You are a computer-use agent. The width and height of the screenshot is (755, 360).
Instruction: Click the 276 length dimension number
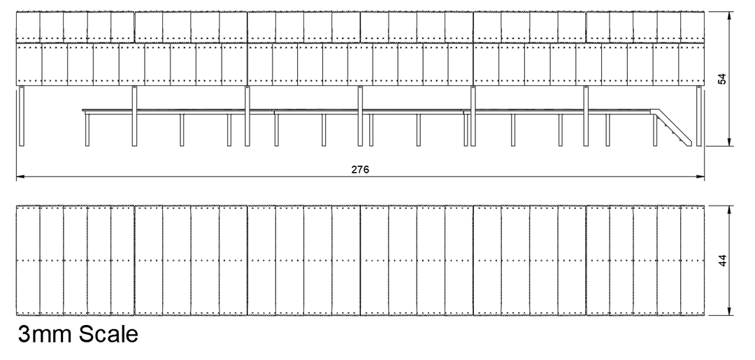pyautogui.click(x=360, y=169)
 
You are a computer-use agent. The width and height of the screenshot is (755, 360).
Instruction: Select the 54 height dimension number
pyautogui.click(x=722, y=79)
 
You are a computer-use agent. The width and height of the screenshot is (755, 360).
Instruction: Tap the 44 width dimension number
pyautogui.click(x=722, y=260)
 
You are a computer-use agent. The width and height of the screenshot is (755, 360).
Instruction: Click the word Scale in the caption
pyautogui.click(x=108, y=334)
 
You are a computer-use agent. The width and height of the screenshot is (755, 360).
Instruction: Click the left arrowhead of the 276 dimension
pyautogui.click(x=20, y=177)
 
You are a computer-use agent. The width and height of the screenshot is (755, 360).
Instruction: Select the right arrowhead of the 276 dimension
pyautogui.click(x=700, y=177)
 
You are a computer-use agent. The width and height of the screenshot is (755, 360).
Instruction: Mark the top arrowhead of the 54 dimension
pyautogui.click(x=731, y=16)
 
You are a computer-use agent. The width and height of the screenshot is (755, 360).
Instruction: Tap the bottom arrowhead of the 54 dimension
pyautogui.click(x=731, y=141)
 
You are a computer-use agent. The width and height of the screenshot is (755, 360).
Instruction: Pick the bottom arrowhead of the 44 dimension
pyautogui.click(x=731, y=311)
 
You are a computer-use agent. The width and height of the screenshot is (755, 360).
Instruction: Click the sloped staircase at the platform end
pyautogui.click(x=671, y=127)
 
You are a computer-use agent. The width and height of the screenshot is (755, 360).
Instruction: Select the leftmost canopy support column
pyautogui.click(x=21, y=116)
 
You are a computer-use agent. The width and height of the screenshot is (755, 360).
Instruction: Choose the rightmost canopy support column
pyautogui.click(x=698, y=116)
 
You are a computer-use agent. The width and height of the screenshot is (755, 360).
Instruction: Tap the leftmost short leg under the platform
pyautogui.click(x=87, y=130)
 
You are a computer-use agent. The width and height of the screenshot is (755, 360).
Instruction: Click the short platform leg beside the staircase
pyautogui.click(x=655, y=130)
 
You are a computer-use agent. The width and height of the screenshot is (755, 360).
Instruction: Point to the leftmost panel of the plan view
pyautogui.click(x=28, y=260)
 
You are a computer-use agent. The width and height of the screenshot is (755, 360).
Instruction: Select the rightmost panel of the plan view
pyautogui.click(x=692, y=260)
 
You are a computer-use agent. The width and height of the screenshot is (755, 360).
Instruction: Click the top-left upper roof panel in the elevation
pyautogui.click(x=28, y=27)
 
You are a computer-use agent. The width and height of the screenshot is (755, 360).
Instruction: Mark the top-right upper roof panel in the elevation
pyautogui.click(x=692, y=27)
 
